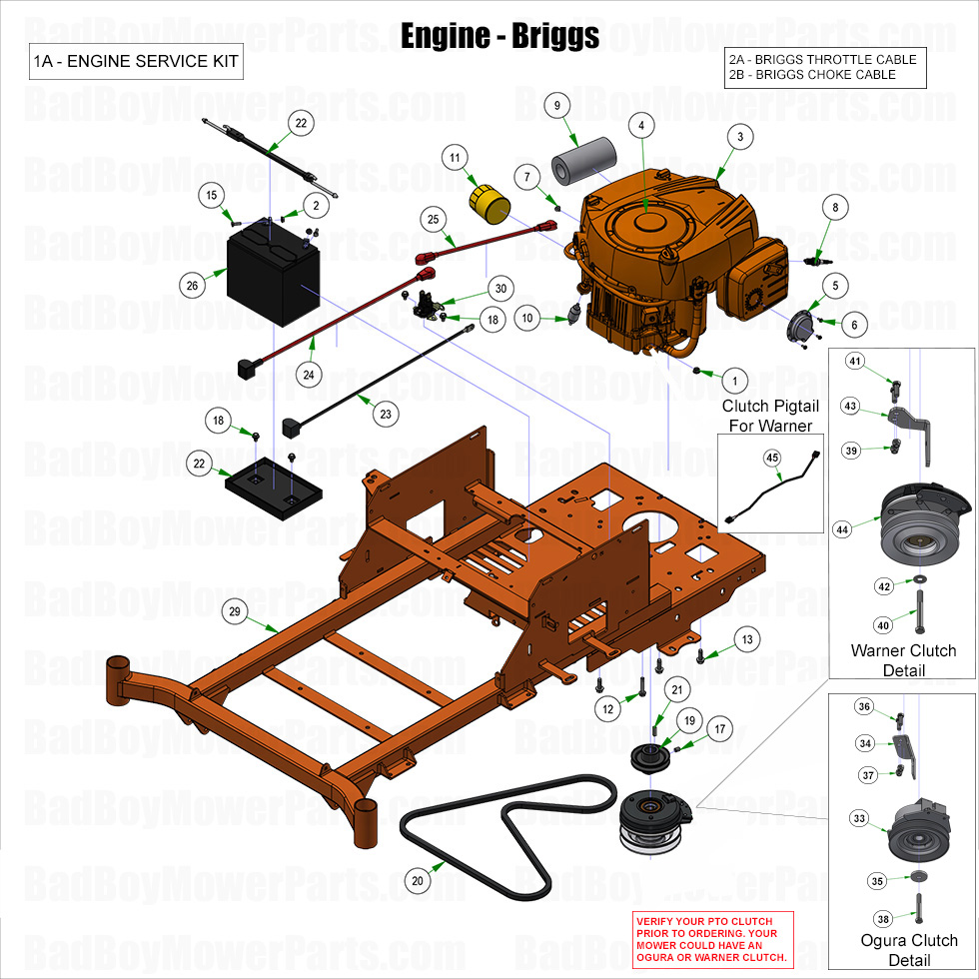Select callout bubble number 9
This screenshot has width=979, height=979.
click(555, 105)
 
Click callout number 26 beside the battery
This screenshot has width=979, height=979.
click(192, 285)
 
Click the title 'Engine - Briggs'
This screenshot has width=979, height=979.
click(499, 36)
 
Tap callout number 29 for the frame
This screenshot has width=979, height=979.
click(236, 610)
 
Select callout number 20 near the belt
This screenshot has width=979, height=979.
click(419, 881)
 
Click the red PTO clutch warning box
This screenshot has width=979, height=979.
click(711, 939)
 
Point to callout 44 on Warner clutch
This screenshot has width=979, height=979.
click(843, 529)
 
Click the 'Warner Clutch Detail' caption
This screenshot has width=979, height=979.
click(903, 660)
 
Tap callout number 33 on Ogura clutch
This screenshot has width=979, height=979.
click(859, 817)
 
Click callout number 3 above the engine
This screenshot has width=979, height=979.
click(739, 137)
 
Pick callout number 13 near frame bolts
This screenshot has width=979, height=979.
click(746, 638)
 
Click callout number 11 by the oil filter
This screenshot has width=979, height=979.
click(455, 158)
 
